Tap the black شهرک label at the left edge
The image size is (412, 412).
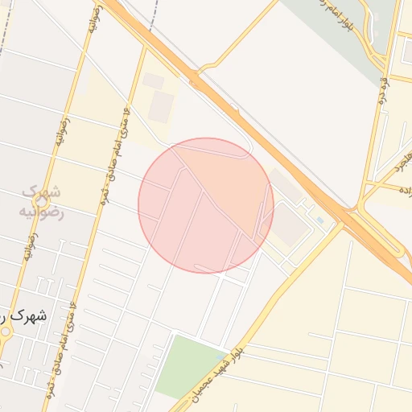click(23, 316)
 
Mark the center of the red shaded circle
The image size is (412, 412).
click(206, 205)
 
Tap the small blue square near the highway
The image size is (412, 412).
click(320, 220)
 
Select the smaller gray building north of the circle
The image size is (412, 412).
click(153, 81)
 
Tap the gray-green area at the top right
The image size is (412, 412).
click(338, 32)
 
